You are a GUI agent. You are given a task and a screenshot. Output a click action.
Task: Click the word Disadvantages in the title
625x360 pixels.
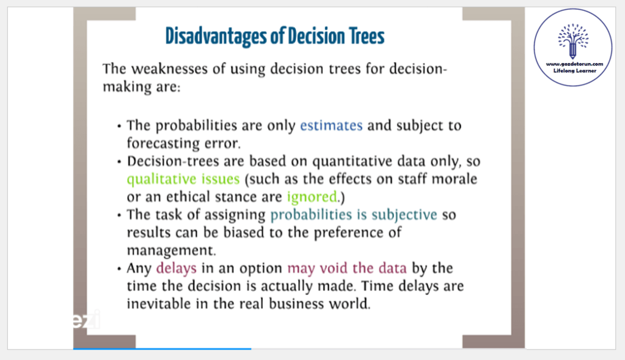click(216, 36)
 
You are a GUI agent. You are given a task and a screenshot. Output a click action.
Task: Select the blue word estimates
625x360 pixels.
click(331, 125)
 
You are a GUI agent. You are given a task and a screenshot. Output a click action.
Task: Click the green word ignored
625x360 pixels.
click(312, 197)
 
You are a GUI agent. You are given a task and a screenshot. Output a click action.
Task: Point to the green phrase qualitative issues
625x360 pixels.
click(183, 180)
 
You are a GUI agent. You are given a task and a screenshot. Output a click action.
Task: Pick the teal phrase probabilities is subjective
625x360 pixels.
click(354, 215)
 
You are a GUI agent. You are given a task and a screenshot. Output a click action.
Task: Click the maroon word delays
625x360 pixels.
click(176, 268)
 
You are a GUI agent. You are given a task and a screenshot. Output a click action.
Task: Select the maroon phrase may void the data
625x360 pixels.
click(347, 268)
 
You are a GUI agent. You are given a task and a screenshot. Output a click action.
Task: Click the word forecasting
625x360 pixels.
click(163, 144)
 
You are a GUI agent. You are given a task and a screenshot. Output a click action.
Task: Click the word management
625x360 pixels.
click(172, 251)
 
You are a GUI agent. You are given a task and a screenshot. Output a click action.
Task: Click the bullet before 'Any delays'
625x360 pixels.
click(119, 269)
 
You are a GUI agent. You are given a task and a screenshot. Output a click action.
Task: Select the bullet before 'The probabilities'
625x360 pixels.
click(119, 127)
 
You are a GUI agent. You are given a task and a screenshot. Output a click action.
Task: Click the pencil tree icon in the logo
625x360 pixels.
click(573, 42)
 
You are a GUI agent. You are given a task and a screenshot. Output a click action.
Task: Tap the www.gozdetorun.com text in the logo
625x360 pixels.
click(574, 64)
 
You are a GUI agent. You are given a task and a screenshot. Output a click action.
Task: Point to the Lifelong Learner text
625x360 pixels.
click(575, 71)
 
